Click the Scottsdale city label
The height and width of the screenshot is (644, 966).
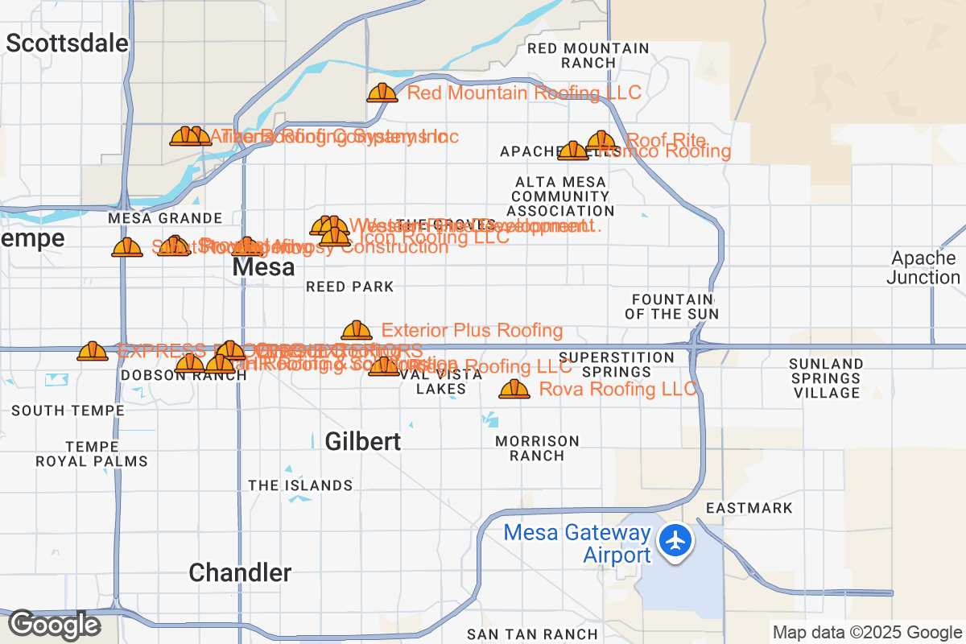67,43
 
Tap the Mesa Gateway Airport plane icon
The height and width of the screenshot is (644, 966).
675,540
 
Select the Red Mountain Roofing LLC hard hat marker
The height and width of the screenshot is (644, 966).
382,93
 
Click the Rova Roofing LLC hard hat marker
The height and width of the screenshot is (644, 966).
514,390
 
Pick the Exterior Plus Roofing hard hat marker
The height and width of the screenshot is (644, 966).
357,331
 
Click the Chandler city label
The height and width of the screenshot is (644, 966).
240,572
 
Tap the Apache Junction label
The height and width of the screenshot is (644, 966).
923,268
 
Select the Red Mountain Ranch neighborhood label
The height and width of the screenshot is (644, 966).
588,56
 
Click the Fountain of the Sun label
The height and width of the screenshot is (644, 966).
671,307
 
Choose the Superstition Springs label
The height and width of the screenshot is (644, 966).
617,365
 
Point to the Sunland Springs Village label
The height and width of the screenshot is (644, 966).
826,378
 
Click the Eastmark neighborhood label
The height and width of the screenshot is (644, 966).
749,508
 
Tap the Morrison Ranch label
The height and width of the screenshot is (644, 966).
537,448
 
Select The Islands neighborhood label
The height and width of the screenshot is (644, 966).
300,485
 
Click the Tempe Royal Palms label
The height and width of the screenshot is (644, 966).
92,454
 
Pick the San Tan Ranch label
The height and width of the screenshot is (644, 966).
532,634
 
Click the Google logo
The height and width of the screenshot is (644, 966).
54,625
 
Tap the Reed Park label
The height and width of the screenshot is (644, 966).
350,287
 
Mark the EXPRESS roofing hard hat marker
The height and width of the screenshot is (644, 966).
93,352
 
